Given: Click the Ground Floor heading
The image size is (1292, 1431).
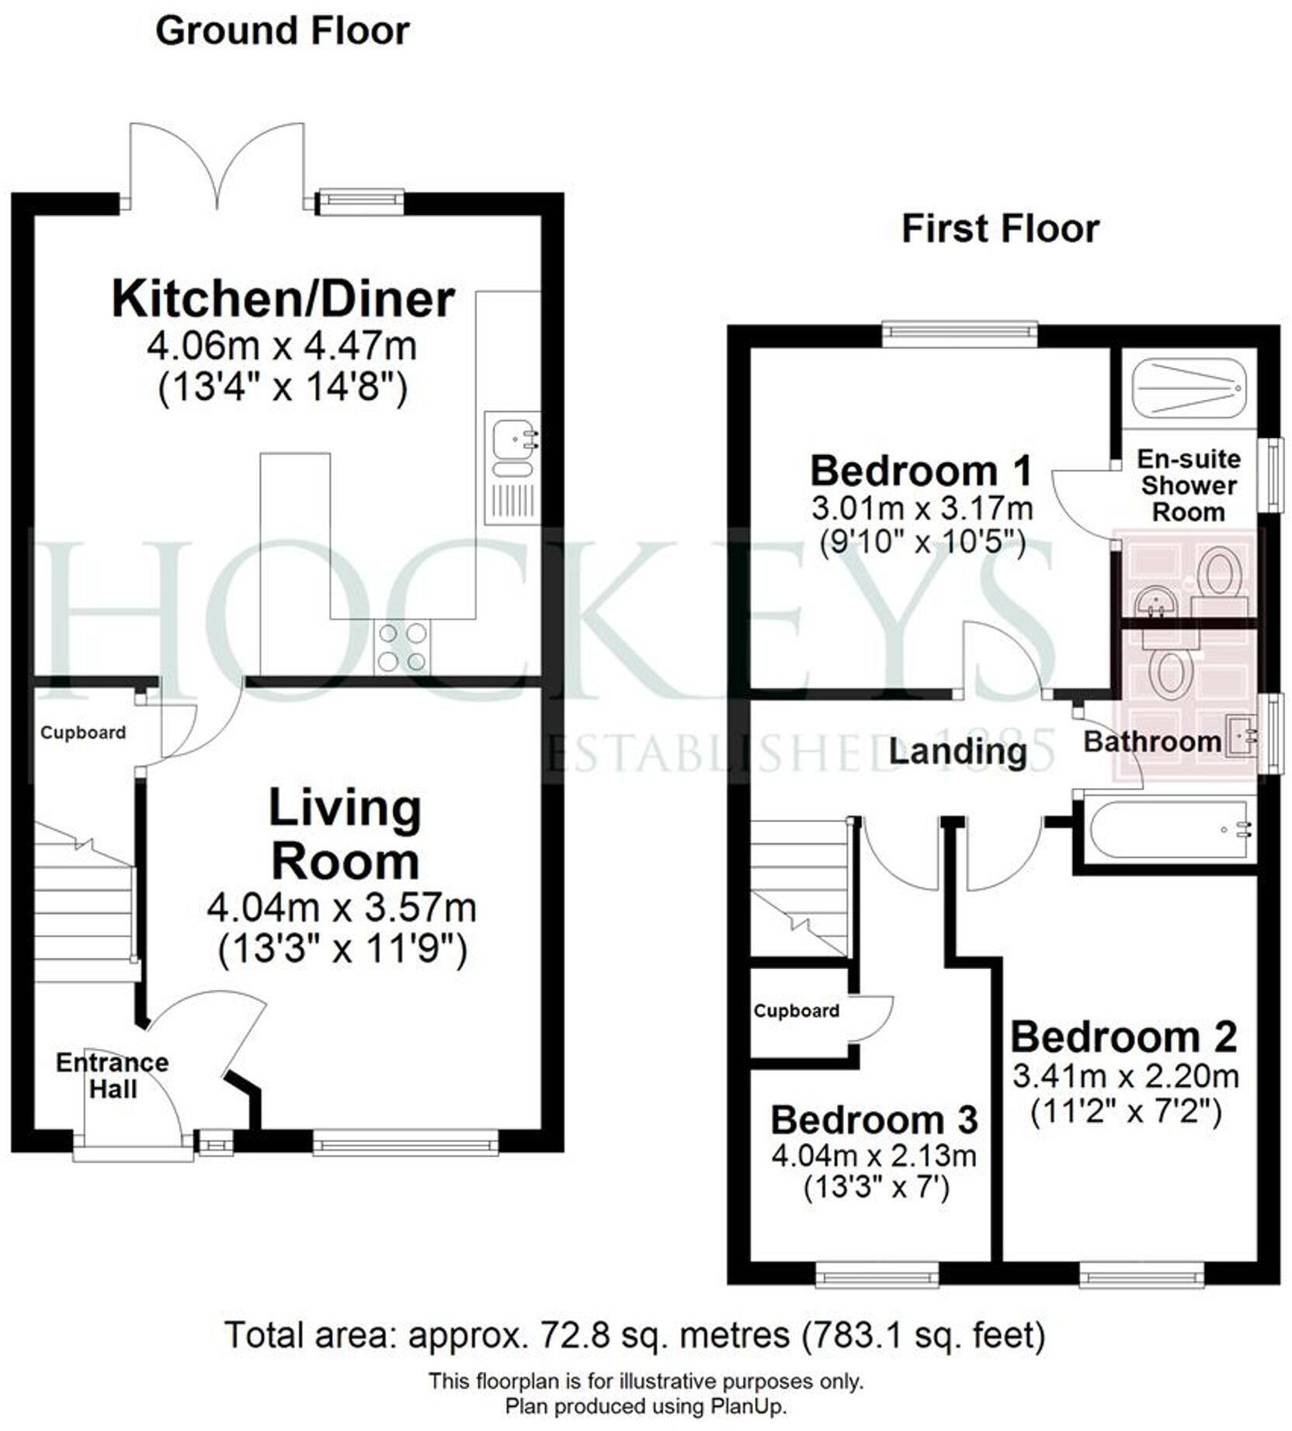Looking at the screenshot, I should tap(282, 32).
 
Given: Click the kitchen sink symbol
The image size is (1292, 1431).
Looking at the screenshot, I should tap(512, 438).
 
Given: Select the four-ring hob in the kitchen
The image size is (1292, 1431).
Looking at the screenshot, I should tap(401, 647).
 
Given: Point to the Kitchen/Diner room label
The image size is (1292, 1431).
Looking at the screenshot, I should tap(283, 300).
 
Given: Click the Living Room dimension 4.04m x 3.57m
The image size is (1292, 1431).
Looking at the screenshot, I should tap(342, 908).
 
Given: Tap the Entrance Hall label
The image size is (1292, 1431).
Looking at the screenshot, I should tap(113, 1075).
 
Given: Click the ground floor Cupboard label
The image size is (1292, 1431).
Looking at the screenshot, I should tap(83, 733).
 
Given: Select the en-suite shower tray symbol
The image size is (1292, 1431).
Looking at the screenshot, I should tap(1188, 387).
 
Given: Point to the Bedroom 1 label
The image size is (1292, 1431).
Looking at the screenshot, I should tap(922, 471).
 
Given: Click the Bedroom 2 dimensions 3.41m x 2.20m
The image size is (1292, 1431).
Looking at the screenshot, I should tap(1125, 1077).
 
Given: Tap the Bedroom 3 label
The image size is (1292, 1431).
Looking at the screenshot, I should tap(873, 1120).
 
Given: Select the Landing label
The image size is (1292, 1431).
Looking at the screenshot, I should tap(957, 752).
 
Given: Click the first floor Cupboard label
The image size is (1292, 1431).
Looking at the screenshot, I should tap(796, 1011).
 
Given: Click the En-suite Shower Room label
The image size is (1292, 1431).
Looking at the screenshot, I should tap(1188, 486).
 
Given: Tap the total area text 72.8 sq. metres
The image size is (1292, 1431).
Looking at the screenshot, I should tap(676, 1335).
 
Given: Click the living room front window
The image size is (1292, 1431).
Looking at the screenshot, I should tap(405, 1142).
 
